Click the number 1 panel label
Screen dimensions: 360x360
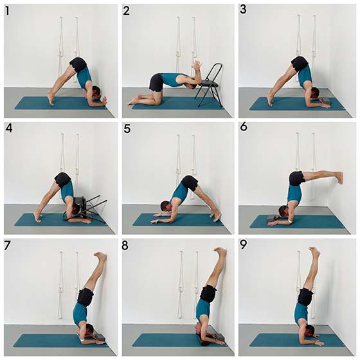pos(7,11)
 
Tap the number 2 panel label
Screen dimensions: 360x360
pos(127,11)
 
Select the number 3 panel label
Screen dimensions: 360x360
pos(243,10)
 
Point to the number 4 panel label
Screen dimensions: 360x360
pos(9,128)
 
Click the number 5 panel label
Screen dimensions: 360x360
pos(127,129)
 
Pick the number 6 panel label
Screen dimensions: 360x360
pos(244,127)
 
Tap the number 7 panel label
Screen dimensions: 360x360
pos(7,246)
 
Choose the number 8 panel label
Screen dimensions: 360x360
pos(125,246)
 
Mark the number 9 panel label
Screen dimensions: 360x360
pos(243,245)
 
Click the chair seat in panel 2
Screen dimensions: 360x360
pos(208,84)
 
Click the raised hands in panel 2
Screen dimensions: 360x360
pos(197,66)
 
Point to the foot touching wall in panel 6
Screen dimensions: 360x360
pos(339,177)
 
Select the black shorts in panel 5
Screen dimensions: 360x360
pos(190,183)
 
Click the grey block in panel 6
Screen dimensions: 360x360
pos(273,219)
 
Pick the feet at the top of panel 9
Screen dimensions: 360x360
pos(314,251)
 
